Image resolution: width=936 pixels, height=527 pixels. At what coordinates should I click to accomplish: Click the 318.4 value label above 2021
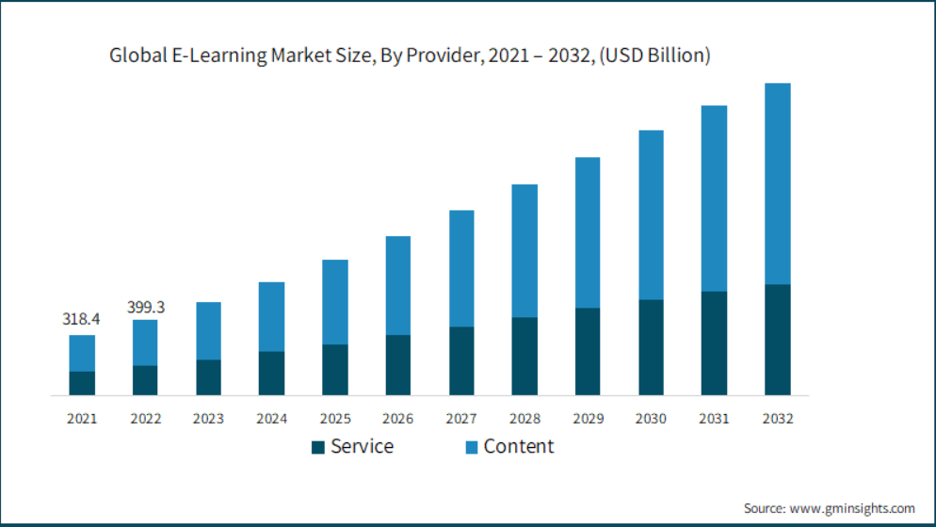pyautogui.click(x=82, y=319)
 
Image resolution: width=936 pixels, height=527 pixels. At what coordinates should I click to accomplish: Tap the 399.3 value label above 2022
pyautogui.click(x=146, y=308)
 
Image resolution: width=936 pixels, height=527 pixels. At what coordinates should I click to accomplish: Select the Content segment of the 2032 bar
pyautogui.click(x=778, y=184)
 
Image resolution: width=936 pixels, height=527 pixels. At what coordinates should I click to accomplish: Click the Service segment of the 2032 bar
pyautogui.click(x=778, y=339)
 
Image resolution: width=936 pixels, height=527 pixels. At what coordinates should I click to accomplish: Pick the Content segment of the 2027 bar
pyautogui.click(x=461, y=268)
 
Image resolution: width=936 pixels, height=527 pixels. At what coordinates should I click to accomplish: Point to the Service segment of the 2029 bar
pyautogui.click(x=588, y=351)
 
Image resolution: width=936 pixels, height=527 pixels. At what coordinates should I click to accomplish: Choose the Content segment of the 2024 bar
pyautogui.click(x=271, y=316)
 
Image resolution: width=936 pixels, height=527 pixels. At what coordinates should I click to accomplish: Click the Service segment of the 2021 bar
pyautogui.click(x=82, y=383)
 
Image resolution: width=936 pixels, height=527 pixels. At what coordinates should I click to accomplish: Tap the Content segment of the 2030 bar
pyautogui.click(x=651, y=215)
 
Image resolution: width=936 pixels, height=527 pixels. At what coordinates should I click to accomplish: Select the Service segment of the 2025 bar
pyautogui.click(x=335, y=369)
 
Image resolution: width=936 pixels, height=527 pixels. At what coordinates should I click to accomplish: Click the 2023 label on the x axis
pyautogui.click(x=208, y=419)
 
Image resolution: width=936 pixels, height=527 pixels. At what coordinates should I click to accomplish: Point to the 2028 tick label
pyautogui.click(x=524, y=419)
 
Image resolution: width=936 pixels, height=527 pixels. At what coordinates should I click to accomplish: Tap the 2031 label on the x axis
pyautogui.click(x=715, y=419)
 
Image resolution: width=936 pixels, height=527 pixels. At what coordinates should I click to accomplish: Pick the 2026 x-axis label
pyautogui.click(x=398, y=419)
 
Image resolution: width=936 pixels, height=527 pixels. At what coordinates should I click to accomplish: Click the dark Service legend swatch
pyautogui.click(x=318, y=447)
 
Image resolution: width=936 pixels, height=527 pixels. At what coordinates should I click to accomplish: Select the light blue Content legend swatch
pyautogui.click(x=472, y=447)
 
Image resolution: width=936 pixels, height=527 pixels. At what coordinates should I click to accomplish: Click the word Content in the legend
pyautogui.click(x=519, y=446)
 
